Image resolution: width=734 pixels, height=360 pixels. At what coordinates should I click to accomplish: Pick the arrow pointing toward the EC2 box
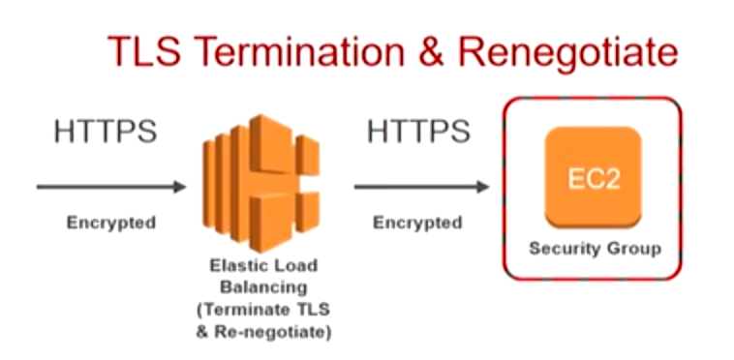pos(420,187)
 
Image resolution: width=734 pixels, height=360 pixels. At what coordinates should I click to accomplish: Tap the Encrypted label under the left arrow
pos(110,223)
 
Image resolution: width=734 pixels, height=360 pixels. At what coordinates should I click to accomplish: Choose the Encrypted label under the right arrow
pos(417,223)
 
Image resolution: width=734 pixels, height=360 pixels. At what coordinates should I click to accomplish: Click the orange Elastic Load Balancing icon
pos(260,184)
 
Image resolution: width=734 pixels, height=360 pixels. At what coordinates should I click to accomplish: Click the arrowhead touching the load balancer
pos(179,186)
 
